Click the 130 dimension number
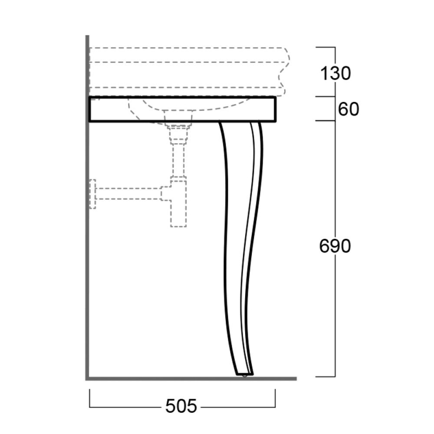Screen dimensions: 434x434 click(x=335, y=73)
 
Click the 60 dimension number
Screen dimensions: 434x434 click(x=348, y=109)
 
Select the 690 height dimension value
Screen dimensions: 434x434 click(x=335, y=246)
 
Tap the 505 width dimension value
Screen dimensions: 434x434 click(x=181, y=406)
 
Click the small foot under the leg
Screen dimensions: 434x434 click(x=245, y=376)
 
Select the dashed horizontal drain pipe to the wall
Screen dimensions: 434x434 click(x=128, y=194)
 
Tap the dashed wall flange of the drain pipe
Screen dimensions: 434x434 click(x=92, y=194)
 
